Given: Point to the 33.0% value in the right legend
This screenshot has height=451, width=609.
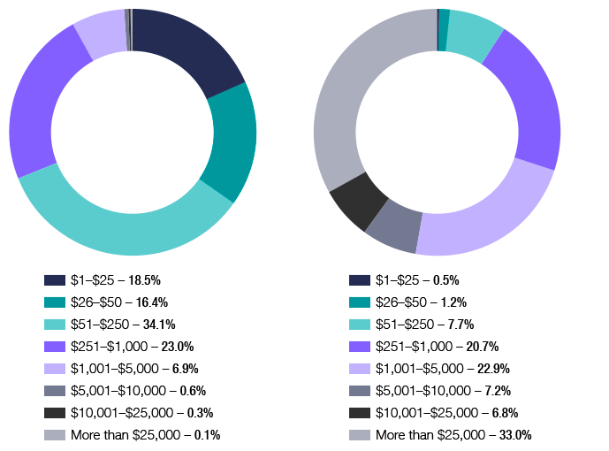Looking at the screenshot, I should (514, 435).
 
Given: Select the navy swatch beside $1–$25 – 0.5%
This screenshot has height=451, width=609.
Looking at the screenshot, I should (359, 280).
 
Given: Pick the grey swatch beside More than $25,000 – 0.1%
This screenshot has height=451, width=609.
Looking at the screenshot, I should (54, 435).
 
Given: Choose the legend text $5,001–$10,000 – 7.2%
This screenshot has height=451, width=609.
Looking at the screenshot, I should (443, 391).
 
